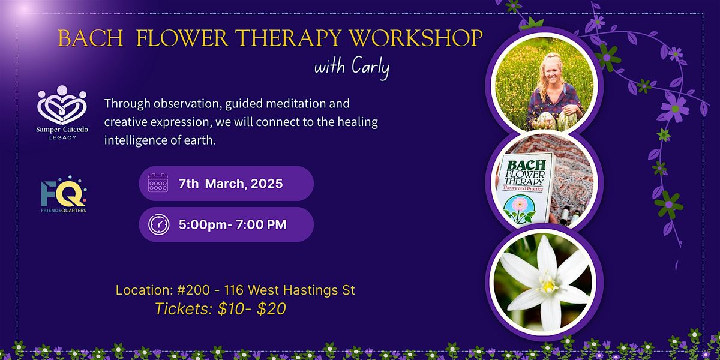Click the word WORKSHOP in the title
[416, 38]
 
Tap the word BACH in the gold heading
[91, 38]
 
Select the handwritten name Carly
[371, 67]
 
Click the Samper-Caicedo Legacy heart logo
[62, 105]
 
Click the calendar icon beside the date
[158, 182]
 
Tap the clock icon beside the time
[159, 224]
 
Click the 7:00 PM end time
[261, 224]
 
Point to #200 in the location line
[193, 290]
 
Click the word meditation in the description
[278, 104]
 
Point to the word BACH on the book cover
[526, 165]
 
